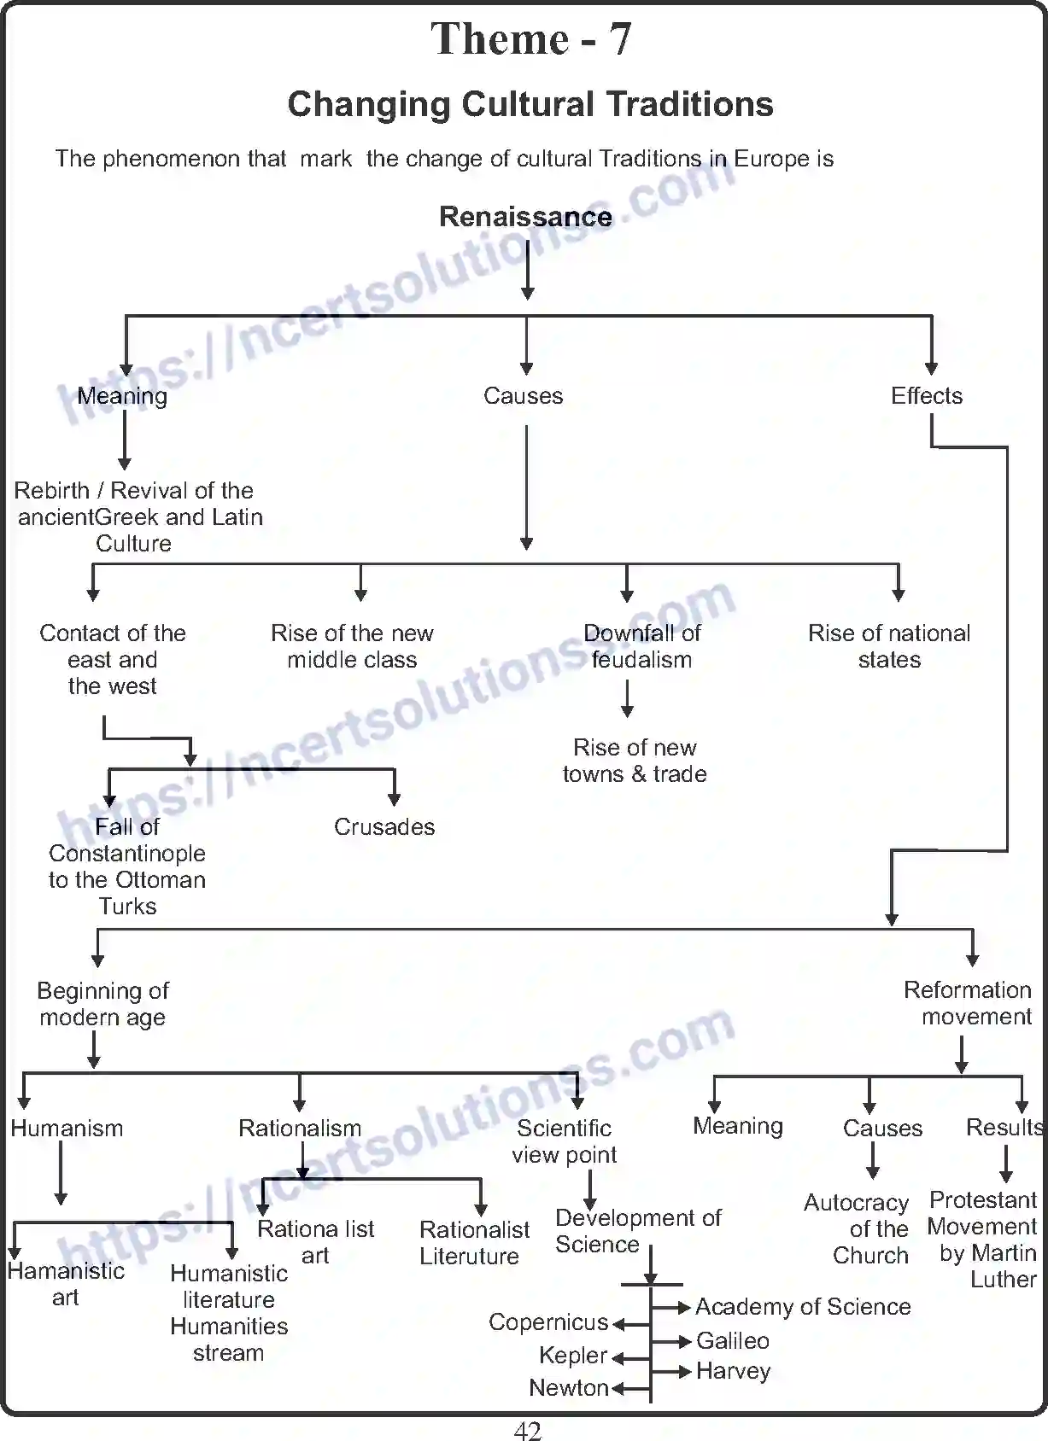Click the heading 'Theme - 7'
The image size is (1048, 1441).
(530, 39)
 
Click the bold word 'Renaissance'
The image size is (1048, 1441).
(525, 217)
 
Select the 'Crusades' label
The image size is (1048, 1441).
(384, 826)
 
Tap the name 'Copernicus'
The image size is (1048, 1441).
(548, 1321)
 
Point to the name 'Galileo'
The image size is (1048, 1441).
(733, 1340)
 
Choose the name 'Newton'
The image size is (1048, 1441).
(569, 1387)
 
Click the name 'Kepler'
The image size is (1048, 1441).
(573, 1355)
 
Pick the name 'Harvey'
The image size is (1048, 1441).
(734, 1371)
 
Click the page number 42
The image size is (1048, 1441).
(528, 1431)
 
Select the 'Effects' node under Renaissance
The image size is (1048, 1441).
(927, 396)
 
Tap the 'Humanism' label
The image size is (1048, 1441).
(67, 1128)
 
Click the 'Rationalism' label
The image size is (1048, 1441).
(300, 1128)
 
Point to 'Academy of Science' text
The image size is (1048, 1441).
(803, 1306)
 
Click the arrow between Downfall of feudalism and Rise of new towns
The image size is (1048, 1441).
(627, 698)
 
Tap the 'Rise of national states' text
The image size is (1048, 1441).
(889, 646)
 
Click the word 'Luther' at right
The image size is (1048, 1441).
(1003, 1280)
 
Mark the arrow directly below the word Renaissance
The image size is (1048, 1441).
(528, 269)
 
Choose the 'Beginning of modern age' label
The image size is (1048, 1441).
(102, 1004)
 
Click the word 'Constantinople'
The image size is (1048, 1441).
(127, 853)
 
